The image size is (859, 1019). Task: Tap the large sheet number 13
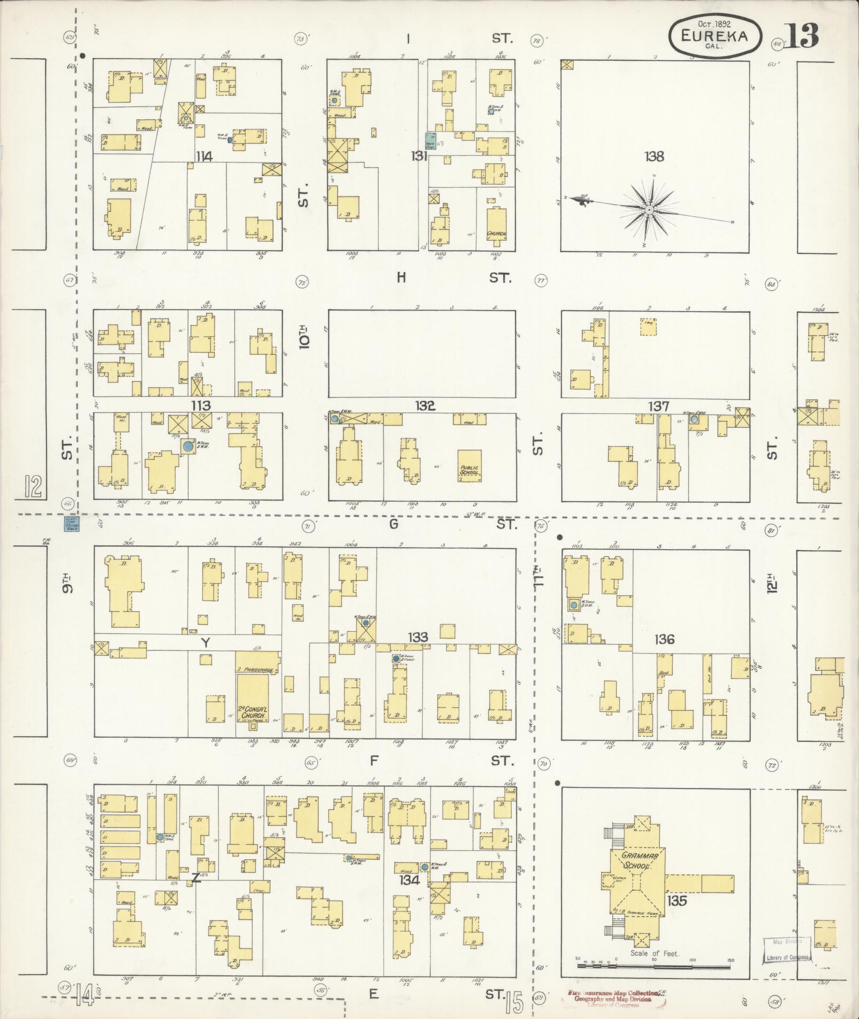point(800,36)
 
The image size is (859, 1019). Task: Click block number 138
point(654,157)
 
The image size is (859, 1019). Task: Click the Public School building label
point(469,471)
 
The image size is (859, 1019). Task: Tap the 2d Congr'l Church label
point(253,712)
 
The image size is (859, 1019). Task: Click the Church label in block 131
point(496,233)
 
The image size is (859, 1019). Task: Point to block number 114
point(204,157)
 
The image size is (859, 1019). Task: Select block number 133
point(418,637)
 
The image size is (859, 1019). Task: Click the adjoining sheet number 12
point(32,487)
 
